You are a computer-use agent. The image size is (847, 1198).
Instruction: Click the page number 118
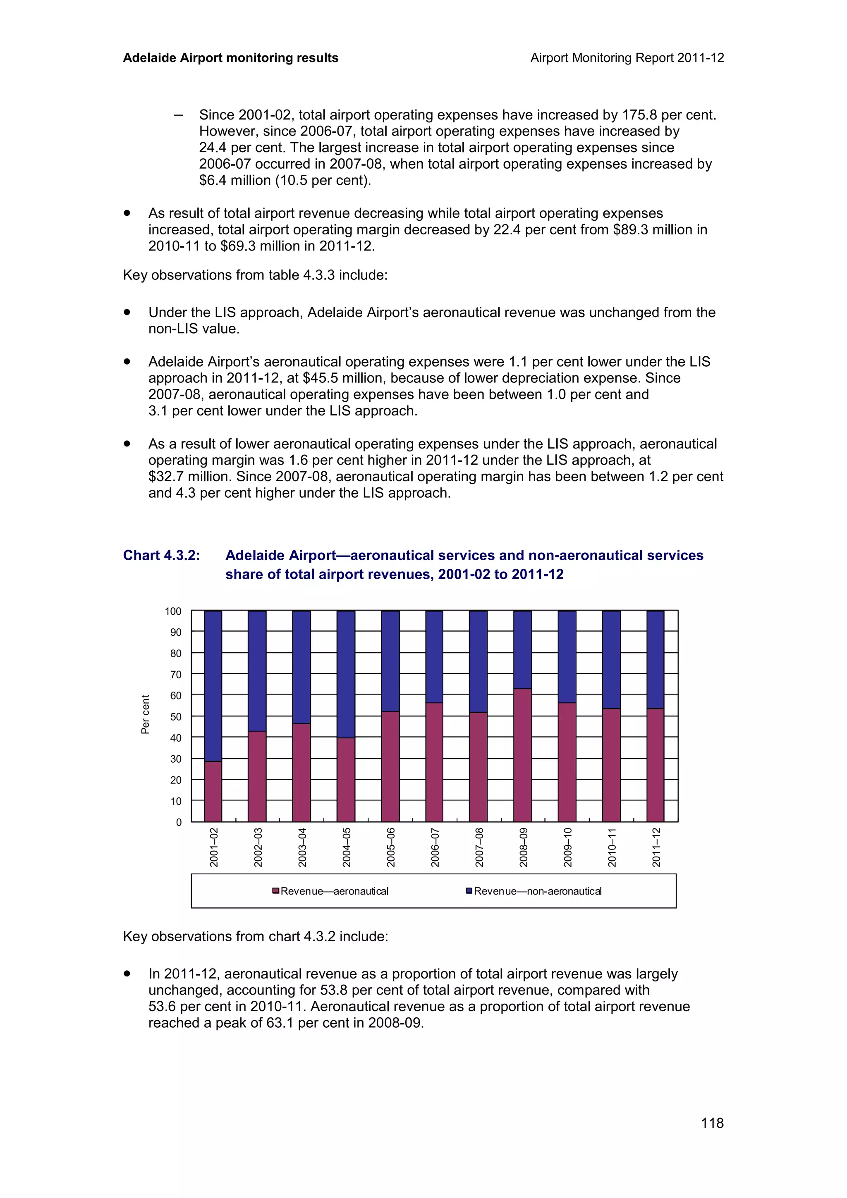coord(712,1122)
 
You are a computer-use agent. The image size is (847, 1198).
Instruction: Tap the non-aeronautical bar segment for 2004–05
coord(345,674)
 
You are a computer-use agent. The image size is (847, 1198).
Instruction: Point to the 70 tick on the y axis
coord(176,674)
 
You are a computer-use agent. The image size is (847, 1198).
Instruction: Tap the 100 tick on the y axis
coord(173,611)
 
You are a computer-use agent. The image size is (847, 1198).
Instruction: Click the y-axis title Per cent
coord(145,714)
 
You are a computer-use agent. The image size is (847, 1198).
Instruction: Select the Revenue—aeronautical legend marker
coord(275,891)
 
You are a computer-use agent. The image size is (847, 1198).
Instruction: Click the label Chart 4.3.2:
coord(161,555)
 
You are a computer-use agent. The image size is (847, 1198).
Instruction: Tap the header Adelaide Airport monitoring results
coord(230,58)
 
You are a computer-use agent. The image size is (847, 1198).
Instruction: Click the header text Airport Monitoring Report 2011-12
coord(627,58)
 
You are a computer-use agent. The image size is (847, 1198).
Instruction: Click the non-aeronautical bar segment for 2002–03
coord(257,671)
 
